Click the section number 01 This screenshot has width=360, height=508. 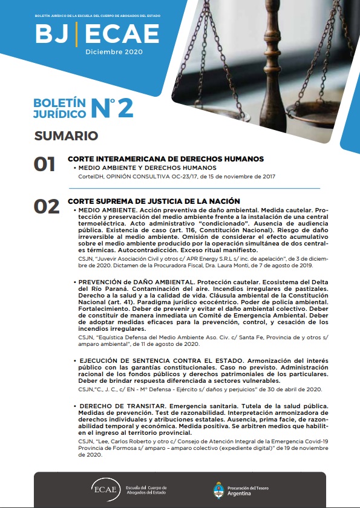click(x=45, y=164)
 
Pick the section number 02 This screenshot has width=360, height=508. click(x=46, y=206)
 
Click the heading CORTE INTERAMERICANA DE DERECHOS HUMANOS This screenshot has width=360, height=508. click(x=166, y=159)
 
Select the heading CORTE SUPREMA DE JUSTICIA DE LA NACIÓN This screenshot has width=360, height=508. click(x=154, y=201)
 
